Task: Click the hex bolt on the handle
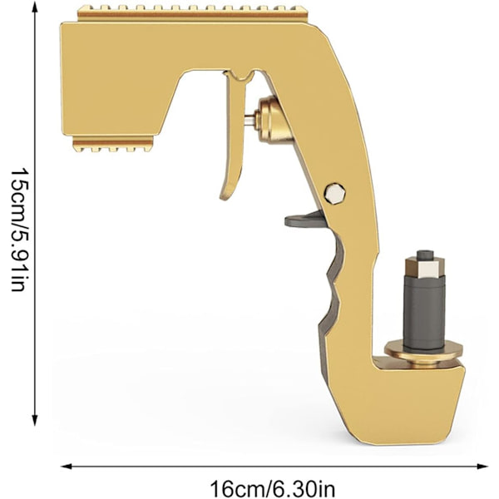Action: pos(335,194)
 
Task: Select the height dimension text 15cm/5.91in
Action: pos(20,230)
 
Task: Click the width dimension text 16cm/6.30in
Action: pos(273,489)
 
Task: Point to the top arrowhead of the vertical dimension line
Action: pos(35,6)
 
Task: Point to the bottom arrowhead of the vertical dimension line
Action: pos(35,420)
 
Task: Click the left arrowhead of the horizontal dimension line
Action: pos(66,467)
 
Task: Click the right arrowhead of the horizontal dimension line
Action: pos(482,467)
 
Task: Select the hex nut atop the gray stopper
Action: pos(424,268)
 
